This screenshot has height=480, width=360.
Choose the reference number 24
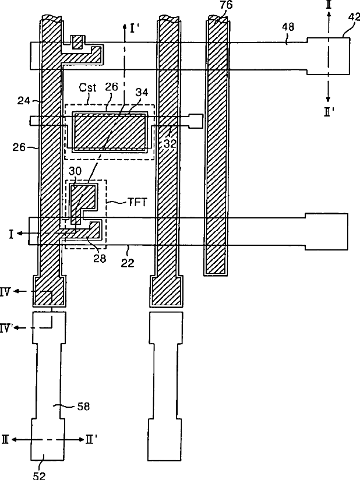23,100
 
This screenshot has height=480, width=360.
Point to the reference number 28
100,258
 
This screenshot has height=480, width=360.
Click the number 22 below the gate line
127,263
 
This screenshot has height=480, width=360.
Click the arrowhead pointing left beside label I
20,233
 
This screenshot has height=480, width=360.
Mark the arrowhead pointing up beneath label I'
123,26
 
